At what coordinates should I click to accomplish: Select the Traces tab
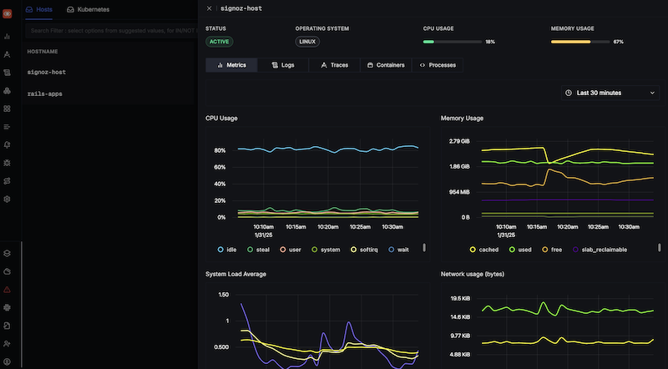coord(334,64)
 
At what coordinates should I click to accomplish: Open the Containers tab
coord(386,64)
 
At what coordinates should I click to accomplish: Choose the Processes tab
coord(437,64)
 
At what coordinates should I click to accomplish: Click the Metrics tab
coord(231,64)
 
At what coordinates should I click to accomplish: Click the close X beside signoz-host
coord(209,8)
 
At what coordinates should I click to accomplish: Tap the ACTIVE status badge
coord(219,41)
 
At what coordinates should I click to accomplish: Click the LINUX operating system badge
coord(308,41)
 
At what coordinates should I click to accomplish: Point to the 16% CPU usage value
coord(490,41)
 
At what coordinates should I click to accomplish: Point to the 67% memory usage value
coord(618,41)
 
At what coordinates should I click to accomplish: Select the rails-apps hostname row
coord(45,94)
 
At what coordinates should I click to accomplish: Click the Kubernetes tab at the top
coord(94,9)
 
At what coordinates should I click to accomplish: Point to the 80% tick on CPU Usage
coord(220,151)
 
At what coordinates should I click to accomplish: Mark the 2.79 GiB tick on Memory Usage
coord(459,141)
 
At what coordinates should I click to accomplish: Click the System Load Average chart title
coord(235,274)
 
